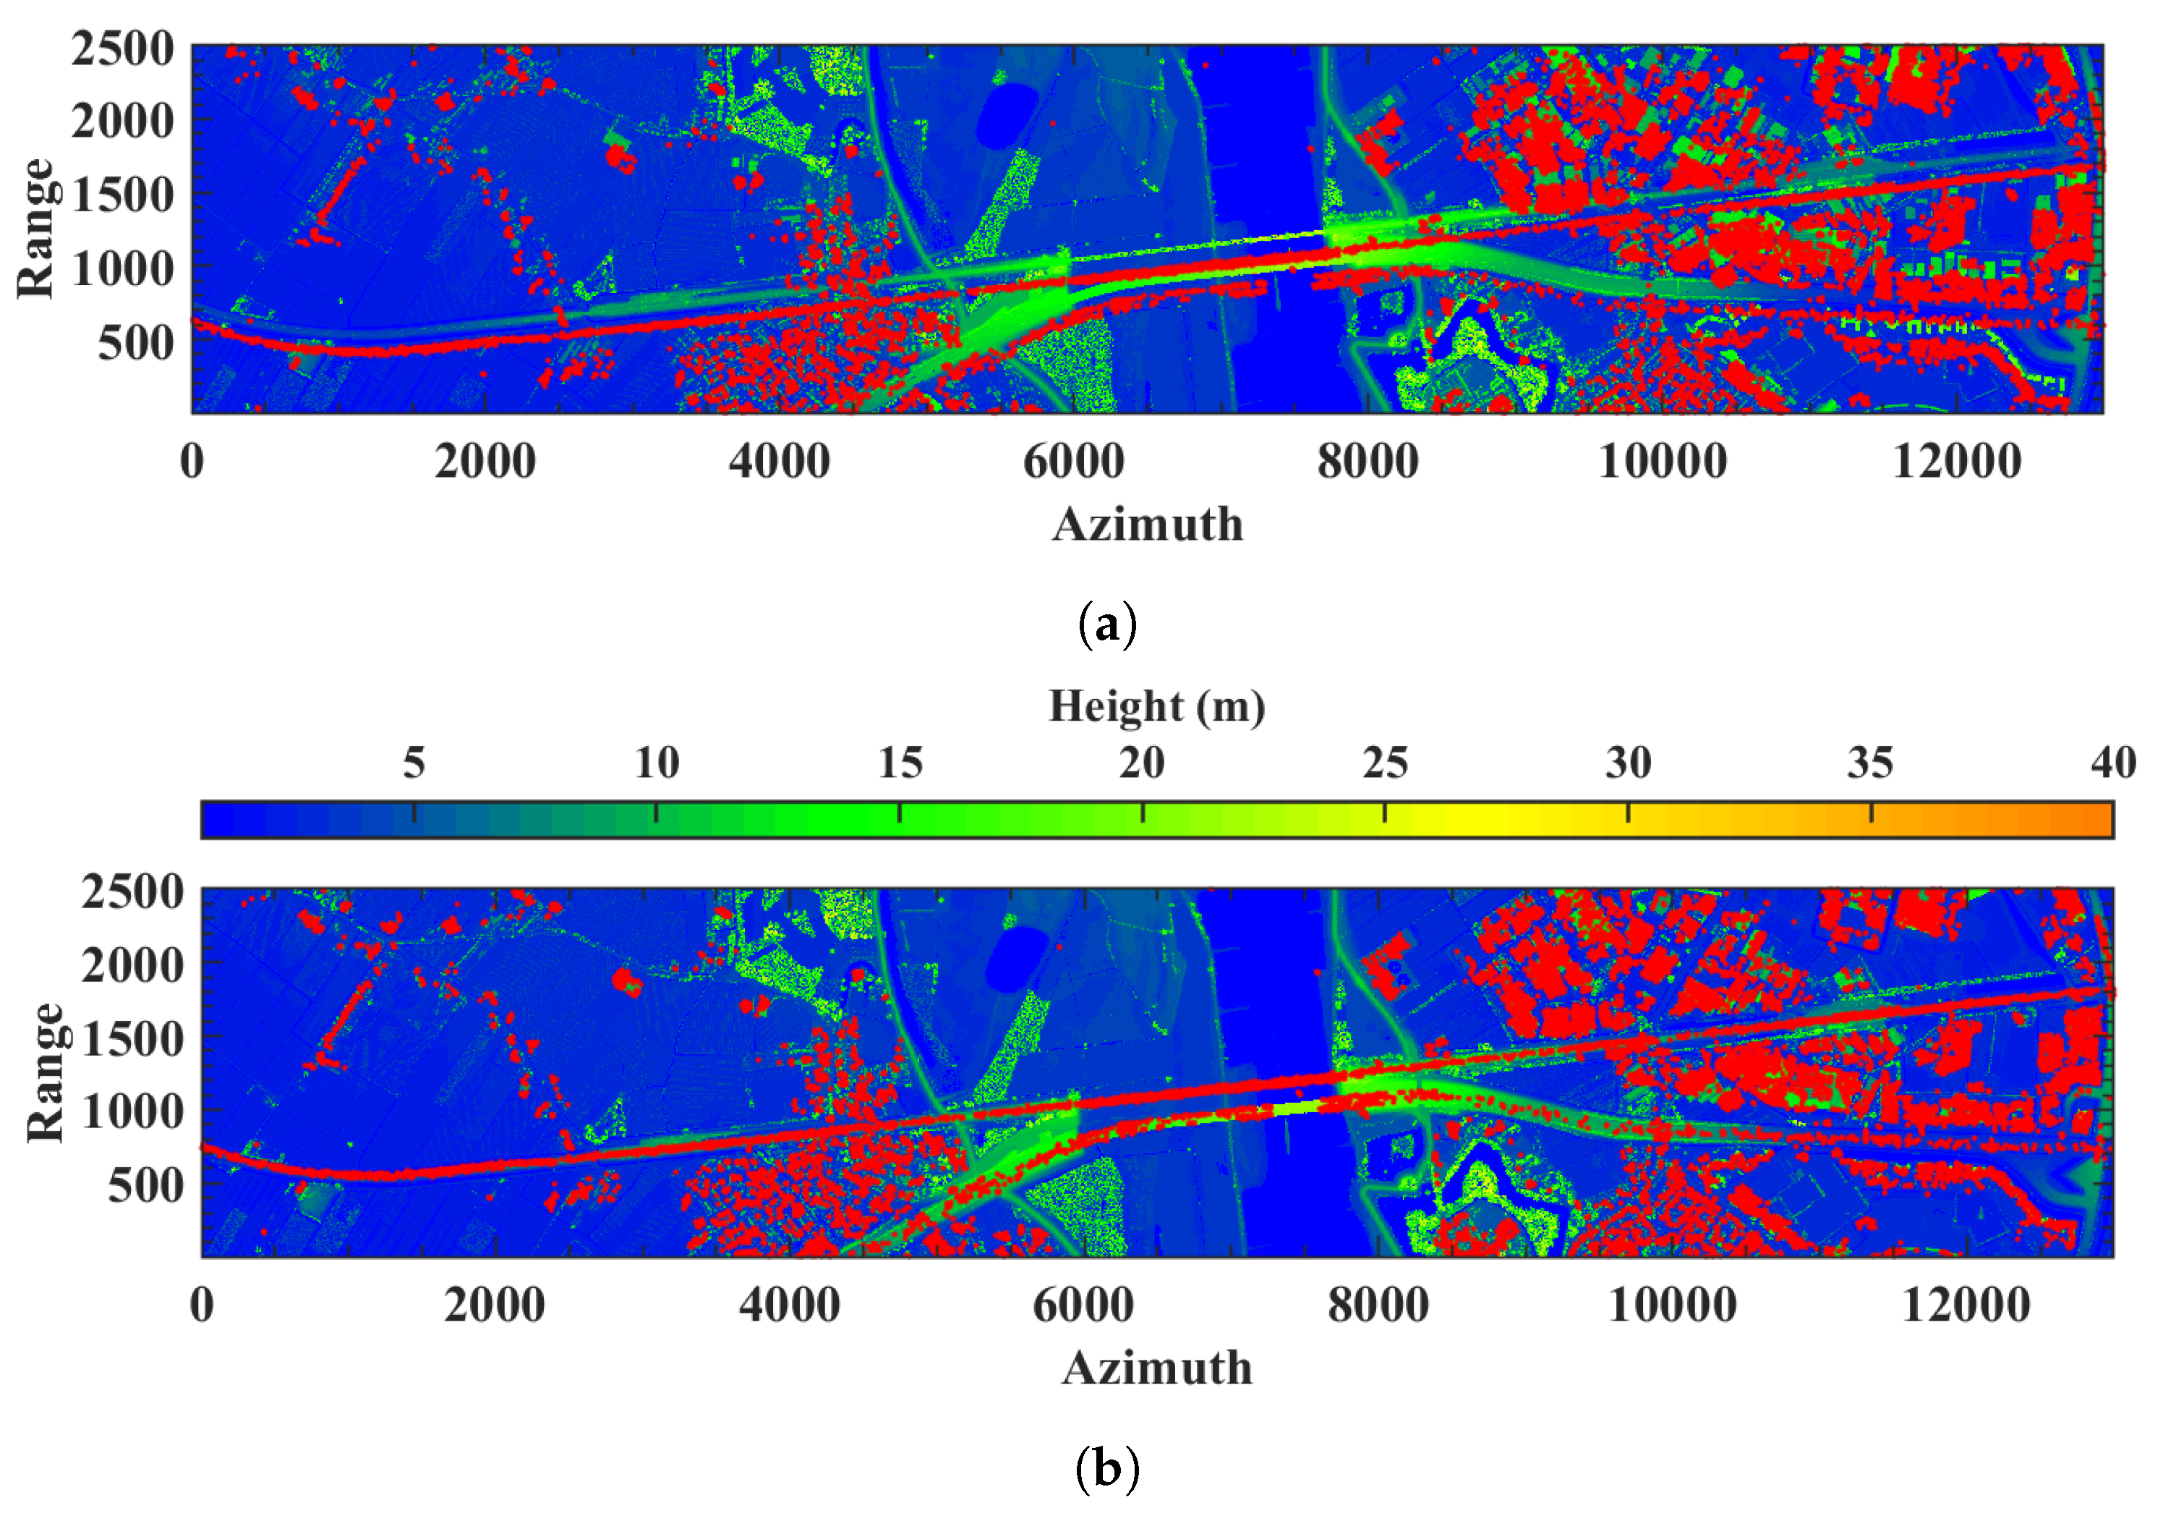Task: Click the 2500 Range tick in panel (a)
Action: pyautogui.click(x=122, y=49)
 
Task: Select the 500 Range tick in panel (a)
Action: pyautogui.click(x=136, y=343)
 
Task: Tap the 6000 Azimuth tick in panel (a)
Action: pyautogui.click(x=1073, y=462)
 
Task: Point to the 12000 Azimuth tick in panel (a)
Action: pyautogui.click(x=1957, y=462)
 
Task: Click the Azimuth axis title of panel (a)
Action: pyautogui.click(x=1148, y=525)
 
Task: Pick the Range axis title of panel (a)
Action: pyautogui.click(x=36, y=228)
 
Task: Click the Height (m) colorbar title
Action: pyautogui.click(x=1157, y=707)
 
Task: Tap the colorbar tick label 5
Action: pyautogui.click(x=414, y=763)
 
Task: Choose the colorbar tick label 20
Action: pyautogui.click(x=1142, y=763)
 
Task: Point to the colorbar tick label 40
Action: pyautogui.click(x=2113, y=763)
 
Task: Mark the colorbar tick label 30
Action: pyautogui.click(x=1628, y=763)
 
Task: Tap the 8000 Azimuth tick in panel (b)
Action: pyautogui.click(x=1378, y=1306)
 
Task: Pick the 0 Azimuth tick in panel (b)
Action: pyautogui.click(x=202, y=1306)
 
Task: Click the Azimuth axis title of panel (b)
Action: pyautogui.click(x=1157, y=1368)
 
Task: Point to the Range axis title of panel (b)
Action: pyautogui.click(x=46, y=1072)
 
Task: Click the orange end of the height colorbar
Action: pyautogui.click(x=2096, y=819)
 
